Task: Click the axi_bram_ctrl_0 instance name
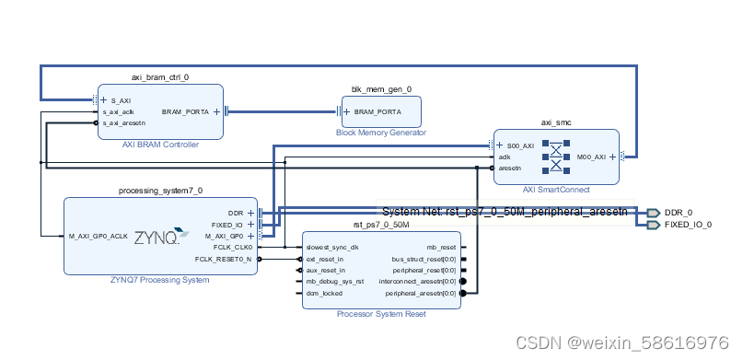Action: [x=160, y=77]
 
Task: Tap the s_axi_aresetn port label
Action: [x=123, y=122]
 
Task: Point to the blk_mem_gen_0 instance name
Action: [x=381, y=89]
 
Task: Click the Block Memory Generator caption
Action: [x=381, y=133]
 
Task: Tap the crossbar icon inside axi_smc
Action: [x=555, y=157]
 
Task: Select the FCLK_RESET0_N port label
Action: [x=222, y=259]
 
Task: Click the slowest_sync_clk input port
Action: [x=332, y=247]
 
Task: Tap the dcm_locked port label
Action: [x=324, y=293]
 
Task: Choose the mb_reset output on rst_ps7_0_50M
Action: [x=440, y=247]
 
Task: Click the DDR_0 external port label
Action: [x=679, y=213]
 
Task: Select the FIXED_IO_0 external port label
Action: [x=688, y=224]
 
